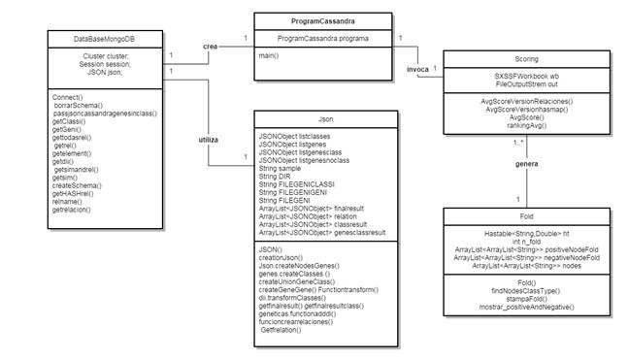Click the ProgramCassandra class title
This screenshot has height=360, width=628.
click(322, 19)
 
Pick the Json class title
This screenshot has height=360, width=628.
click(322, 119)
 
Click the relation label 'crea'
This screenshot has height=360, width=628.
click(210, 47)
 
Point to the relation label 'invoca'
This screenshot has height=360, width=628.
click(418, 71)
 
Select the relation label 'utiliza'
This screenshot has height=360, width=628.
click(208, 140)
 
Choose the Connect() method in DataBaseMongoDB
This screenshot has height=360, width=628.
click(68, 97)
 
